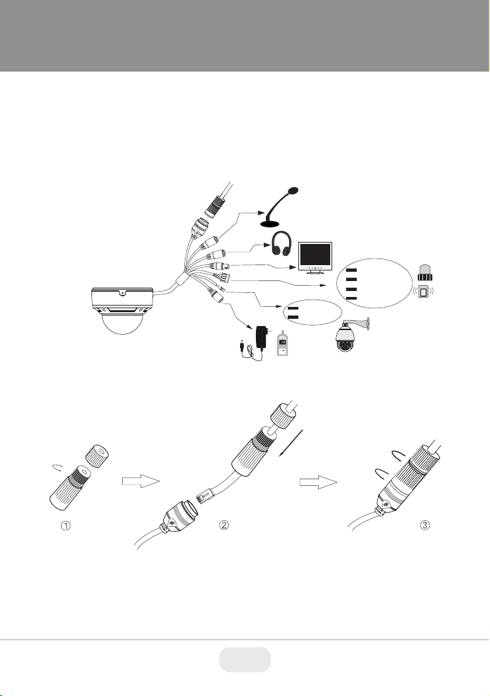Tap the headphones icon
[x=281, y=244]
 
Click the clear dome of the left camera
[x=123, y=323]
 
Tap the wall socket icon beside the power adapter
[x=282, y=343]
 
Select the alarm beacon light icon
[x=425, y=272]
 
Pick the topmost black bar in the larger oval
[x=351, y=270]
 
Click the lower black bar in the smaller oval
[x=293, y=317]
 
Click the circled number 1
[x=66, y=525]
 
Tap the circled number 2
[x=224, y=525]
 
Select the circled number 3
[x=425, y=525]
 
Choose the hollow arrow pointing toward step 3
[x=318, y=482]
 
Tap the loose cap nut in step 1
[x=96, y=455]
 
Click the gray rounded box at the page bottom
[x=245, y=660]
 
